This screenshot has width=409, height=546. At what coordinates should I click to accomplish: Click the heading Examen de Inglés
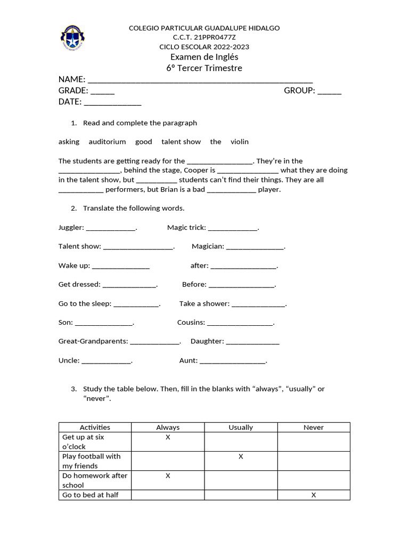[x=204, y=57]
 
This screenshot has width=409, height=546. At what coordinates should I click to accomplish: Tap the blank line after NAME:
[x=200, y=79]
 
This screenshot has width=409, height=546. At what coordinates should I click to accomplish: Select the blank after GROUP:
[x=329, y=91]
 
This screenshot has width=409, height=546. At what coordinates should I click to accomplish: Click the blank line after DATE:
[x=112, y=102]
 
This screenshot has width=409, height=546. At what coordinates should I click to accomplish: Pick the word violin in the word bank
[x=239, y=142]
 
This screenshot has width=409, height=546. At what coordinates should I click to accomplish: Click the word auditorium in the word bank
[x=107, y=142]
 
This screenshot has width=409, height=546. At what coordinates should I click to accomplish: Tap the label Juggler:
[x=71, y=228]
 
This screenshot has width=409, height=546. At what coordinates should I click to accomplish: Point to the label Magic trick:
[x=186, y=228]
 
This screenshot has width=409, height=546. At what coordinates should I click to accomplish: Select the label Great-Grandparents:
[x=93, y=341]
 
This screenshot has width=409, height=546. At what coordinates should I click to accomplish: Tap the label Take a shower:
[x=204, y=304]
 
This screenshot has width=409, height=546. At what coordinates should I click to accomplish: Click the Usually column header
[x=241, y=428]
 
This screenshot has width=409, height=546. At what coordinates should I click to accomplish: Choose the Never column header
[x=314, y=428]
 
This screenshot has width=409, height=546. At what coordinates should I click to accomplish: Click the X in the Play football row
[x=241, y=456]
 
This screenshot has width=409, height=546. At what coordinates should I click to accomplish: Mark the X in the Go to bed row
[x=314, y=495]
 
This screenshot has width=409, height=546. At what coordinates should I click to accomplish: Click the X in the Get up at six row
[x=168, y=437]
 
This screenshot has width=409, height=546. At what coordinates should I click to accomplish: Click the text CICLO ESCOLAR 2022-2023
[x=204, y=47]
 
